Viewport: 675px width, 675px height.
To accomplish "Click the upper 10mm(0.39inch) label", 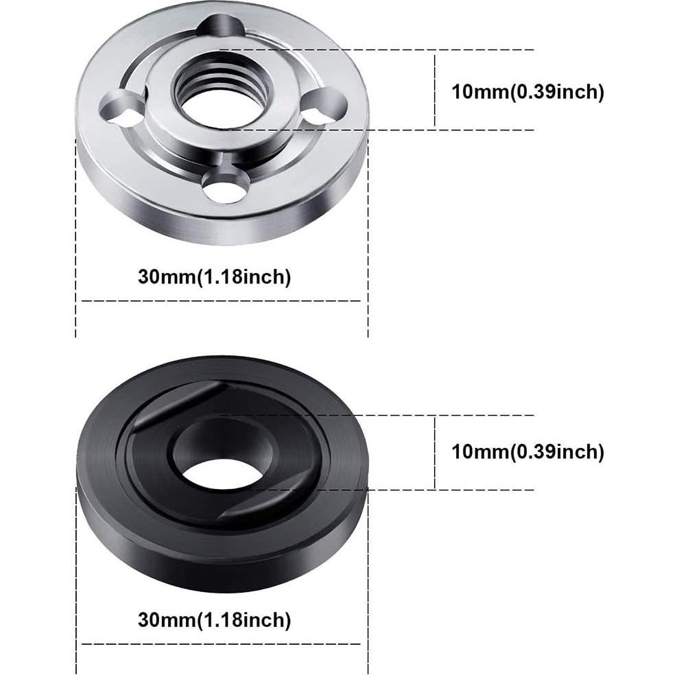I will coord(528,92).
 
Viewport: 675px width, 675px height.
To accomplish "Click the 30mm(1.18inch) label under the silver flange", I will coord(215,277).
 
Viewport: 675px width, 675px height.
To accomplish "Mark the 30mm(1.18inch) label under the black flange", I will coord(215,621).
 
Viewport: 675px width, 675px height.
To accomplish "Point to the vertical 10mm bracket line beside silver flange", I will coord(435,89).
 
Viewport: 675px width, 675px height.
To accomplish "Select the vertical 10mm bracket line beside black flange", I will coord(435,452).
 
